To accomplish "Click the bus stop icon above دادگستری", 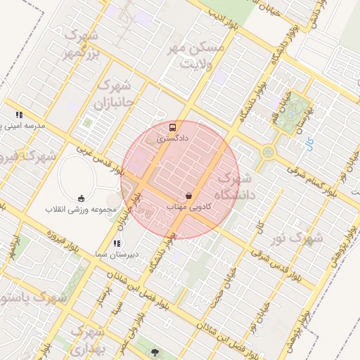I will point(172,127).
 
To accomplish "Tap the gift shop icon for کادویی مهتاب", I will point(188,195).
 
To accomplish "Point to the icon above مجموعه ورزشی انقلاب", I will point(81,197).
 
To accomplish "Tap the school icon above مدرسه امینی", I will point(20,114).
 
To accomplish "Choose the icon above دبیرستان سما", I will point(116,243).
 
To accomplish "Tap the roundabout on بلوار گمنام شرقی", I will point(267,152).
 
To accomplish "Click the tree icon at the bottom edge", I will point(154,349).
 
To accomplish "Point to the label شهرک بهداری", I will point(89,338).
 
